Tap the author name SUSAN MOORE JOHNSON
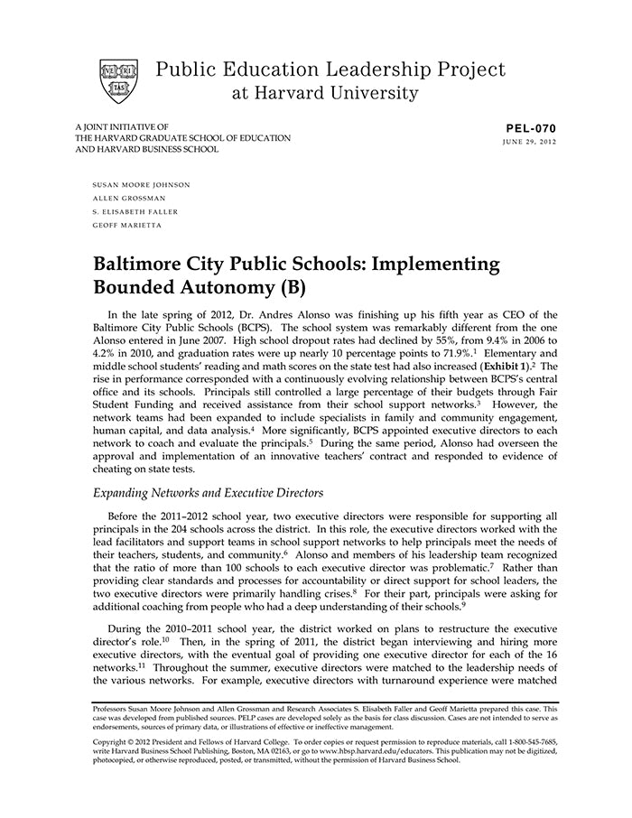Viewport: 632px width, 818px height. click(x=141, y=184)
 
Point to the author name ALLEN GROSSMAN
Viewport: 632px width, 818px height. click(x=130, y=198)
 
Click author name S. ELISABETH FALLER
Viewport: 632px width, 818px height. click(x=135, y=211)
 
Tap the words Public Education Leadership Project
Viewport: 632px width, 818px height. click(x=330, y=70)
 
